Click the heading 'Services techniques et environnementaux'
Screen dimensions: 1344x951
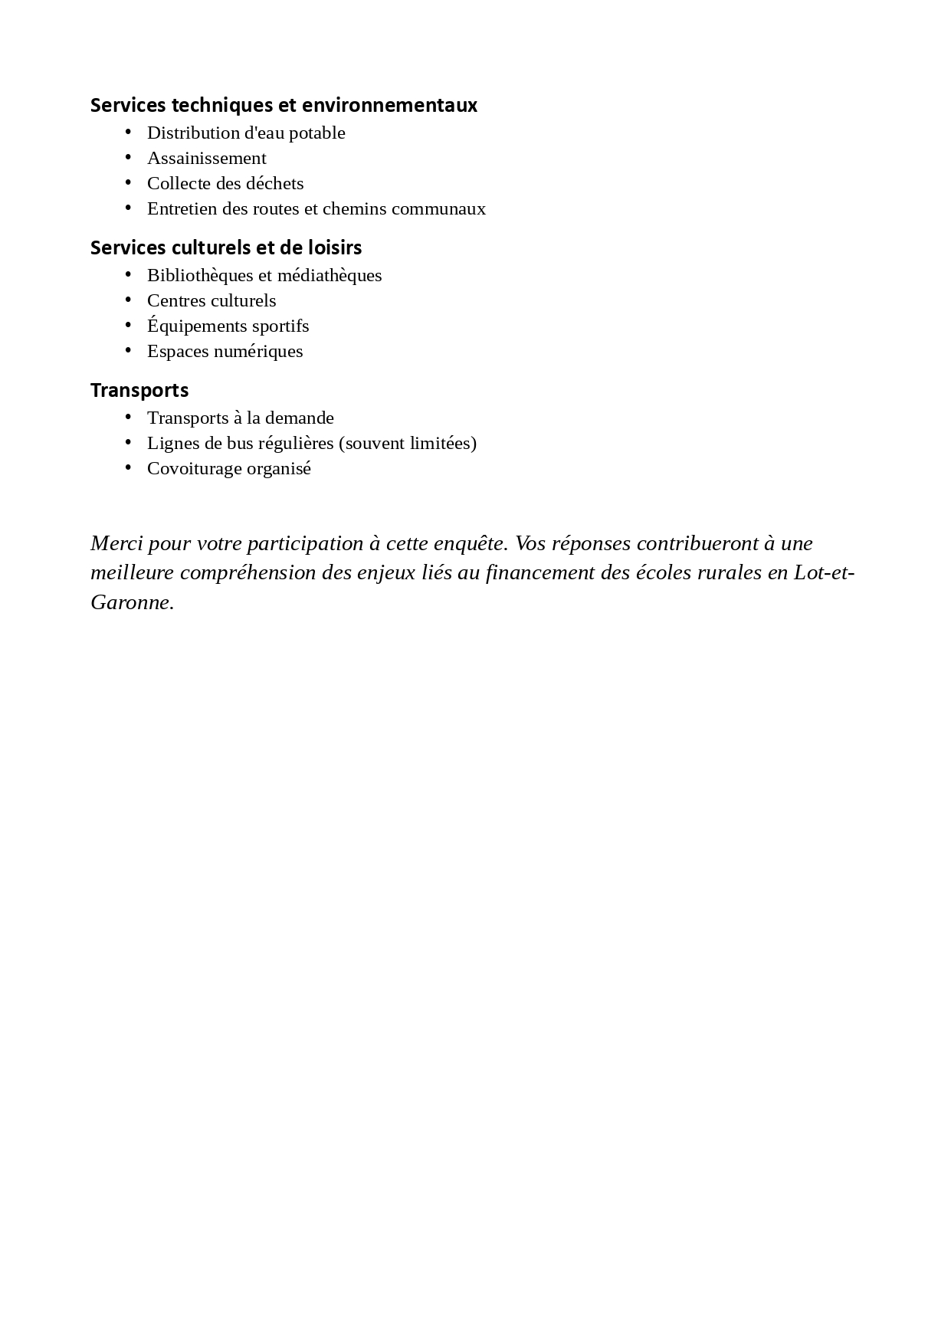click(284, 105)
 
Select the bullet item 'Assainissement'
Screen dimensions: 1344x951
click(206, 158)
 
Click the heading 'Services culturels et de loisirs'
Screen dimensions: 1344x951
click(226, 247)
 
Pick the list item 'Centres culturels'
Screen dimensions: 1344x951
click(212, 300)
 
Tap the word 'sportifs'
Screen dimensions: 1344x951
click(280, 326)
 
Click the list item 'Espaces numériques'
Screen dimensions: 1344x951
click(225, 351)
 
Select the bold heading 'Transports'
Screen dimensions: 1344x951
click(139, 390)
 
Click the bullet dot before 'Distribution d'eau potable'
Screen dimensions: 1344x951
click(129, 132)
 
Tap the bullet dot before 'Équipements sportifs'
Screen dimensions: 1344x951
click(129, 325)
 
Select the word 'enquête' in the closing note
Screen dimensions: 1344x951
click(471, 543)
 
